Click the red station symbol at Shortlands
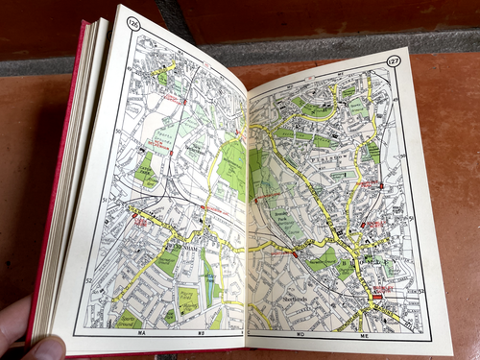(292, 253)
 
